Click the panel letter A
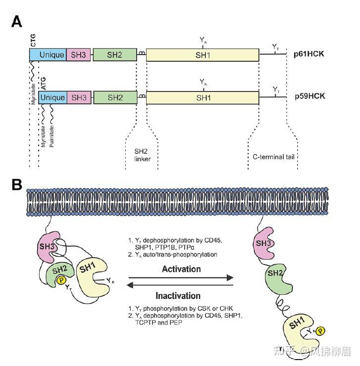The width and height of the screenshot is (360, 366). [x=17, y=22]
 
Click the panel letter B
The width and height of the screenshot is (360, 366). [x=17, y=184]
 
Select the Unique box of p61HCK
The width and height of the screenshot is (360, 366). [x=48, y=55]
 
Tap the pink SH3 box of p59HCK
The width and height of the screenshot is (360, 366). [x=79, y=97]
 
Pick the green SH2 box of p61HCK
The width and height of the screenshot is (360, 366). [x=115, y=55]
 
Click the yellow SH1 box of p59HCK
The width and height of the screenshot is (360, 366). [x=203, y=97]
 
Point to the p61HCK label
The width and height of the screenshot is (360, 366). [x=309, y=54]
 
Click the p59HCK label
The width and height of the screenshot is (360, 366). [x=310, y=96]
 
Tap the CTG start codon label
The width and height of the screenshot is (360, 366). [x=33, y=40]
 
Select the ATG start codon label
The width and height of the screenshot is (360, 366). [x=44, y=83]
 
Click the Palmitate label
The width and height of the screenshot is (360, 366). [x=51, y=137]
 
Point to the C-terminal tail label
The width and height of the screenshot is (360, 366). [x=273, y=157]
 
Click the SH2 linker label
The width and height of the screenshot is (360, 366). [x=142, y=155]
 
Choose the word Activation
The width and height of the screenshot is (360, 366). [x=181, y=269]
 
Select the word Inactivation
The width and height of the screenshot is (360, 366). [x=178, y=296]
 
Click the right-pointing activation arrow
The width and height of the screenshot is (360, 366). [x=181, y=278]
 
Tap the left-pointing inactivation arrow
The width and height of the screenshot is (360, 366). [x=180, y=285]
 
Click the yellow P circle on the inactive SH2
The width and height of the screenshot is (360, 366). [x=61, y=280]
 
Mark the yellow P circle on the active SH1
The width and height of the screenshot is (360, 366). [x=320, y=331]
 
